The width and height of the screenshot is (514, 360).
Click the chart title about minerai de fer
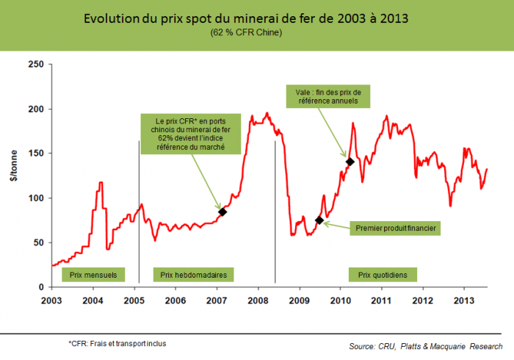tap(256, 18)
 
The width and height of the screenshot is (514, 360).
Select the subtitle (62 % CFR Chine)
tap(256, 32)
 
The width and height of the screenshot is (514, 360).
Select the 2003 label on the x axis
tap(51, 300)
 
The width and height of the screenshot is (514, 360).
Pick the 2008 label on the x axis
tap(258, 300)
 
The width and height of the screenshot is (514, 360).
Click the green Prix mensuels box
tap(93, 275)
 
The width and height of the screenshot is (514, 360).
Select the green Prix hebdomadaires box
tap(193, 275)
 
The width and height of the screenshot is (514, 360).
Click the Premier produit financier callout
tap(396, 228)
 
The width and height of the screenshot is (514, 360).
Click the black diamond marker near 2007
tap(222, 212)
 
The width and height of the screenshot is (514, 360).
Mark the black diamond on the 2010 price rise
tap(350, 162)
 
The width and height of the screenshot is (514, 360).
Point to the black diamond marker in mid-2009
tap(319, 220)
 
